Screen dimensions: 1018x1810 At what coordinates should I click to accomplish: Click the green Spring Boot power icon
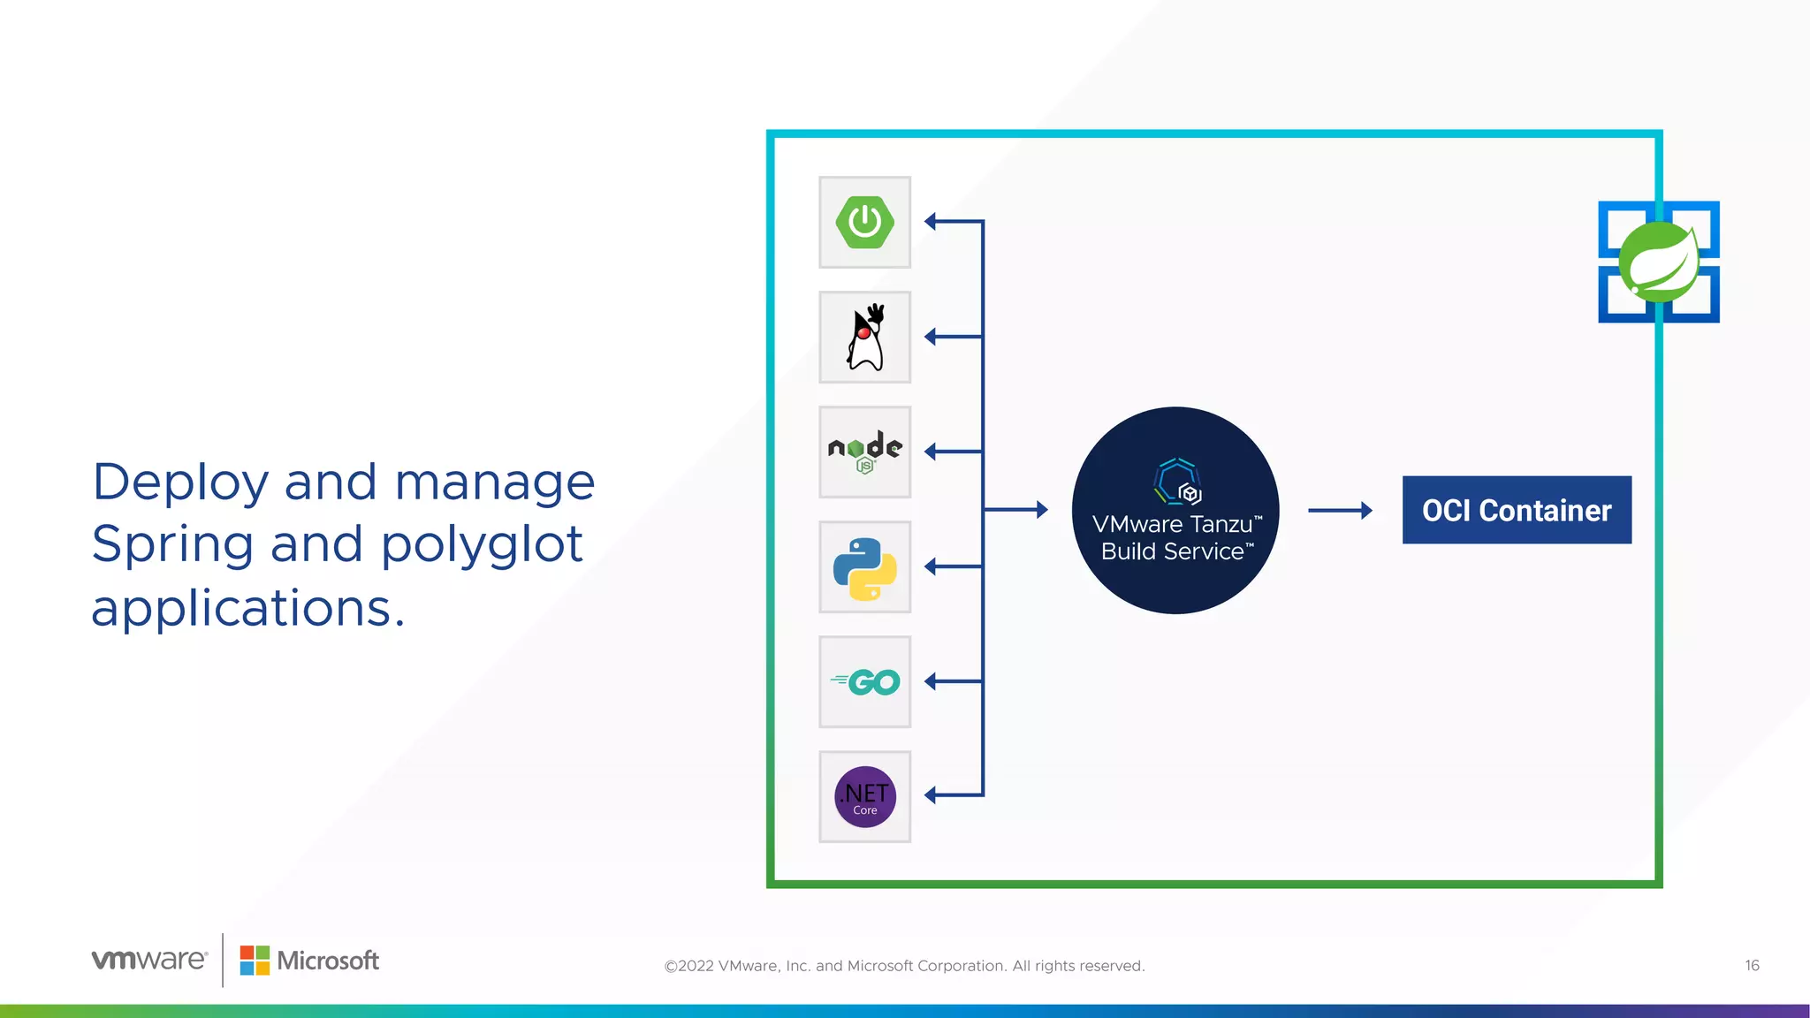864,222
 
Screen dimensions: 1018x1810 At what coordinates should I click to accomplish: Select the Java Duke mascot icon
865,338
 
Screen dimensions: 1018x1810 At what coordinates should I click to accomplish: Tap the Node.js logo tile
865,452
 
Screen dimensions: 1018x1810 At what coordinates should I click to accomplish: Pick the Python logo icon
865,567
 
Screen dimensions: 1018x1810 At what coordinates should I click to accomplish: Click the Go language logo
865,682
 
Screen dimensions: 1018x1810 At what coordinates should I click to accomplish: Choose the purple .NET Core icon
865,797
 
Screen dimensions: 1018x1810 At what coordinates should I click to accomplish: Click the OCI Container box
1517,510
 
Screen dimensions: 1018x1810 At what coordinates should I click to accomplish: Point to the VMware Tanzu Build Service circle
1175,511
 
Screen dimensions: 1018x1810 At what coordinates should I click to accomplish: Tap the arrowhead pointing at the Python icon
931,566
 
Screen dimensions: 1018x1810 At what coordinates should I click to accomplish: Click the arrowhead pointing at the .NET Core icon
931,795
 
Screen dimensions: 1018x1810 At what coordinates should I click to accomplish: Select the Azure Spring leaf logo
1659,262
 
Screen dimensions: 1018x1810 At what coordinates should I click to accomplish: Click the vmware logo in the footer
149,960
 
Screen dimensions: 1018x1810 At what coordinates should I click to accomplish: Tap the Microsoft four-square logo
255,961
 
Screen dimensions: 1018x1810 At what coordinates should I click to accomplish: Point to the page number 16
1752,965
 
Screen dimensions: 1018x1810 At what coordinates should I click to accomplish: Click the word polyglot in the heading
482,544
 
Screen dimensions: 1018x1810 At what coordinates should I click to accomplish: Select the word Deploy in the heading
180,483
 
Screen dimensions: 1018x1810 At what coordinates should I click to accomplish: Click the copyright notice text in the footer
904,966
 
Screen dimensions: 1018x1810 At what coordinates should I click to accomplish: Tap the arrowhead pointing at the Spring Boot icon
931,222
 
